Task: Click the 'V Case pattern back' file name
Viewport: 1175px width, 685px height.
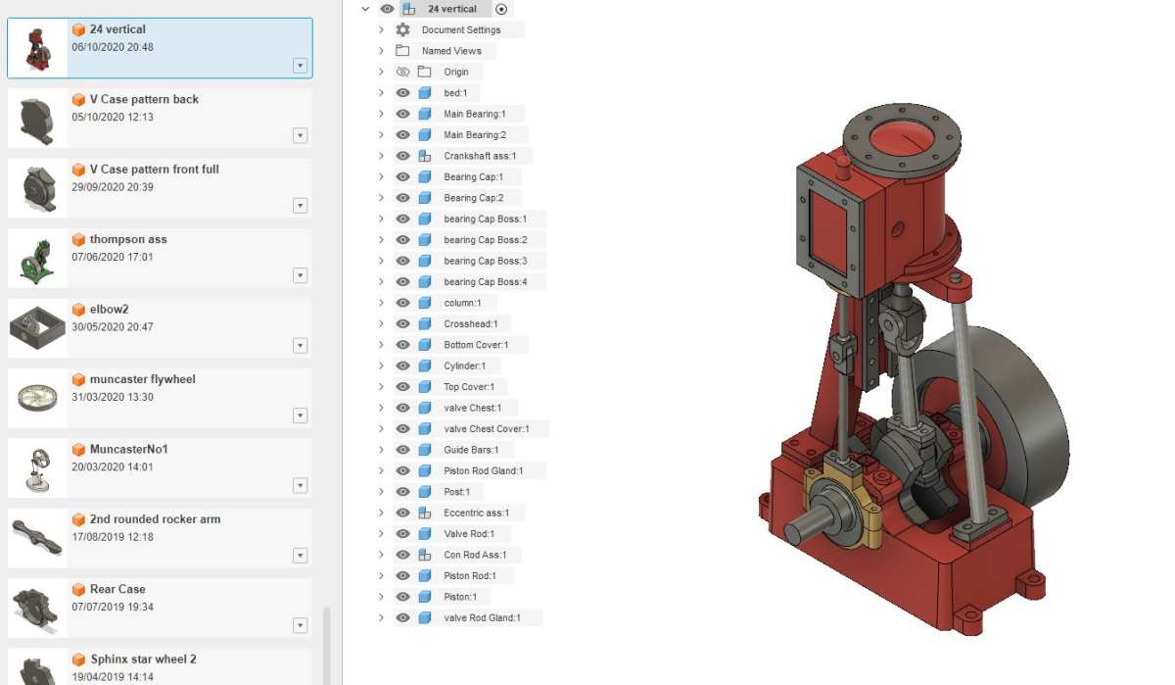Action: click(144, 99)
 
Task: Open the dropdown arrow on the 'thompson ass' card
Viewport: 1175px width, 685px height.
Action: click(300, 275)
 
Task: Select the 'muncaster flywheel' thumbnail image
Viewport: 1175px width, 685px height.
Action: click(37, 398)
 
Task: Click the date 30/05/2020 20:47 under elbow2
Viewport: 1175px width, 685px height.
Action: click(113, 327)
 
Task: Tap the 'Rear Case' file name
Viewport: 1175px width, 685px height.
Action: click(117, 589)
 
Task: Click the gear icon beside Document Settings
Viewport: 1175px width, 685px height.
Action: click(402, 30)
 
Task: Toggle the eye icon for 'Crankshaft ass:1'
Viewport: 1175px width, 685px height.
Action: click(402, 156)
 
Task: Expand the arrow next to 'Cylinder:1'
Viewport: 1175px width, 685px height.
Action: click(381, 366)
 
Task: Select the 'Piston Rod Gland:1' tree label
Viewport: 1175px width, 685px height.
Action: click(483, 470)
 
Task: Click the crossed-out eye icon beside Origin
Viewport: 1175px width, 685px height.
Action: click(402, 72)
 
